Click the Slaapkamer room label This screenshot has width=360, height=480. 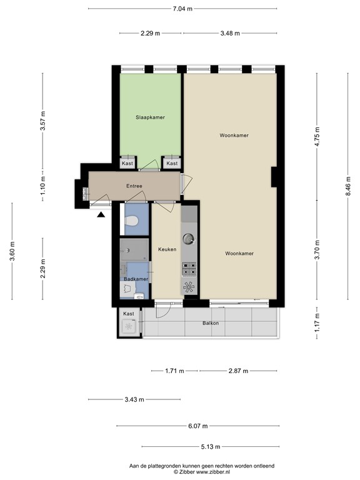point(150,117)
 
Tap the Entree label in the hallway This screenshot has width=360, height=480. point(134,186)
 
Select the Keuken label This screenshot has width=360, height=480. point(167,249)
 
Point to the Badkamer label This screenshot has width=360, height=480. point(136,279)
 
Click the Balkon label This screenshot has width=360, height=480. point(210,323)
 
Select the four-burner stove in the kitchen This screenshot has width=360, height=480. point(189,268)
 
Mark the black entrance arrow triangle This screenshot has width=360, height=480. point(101,215)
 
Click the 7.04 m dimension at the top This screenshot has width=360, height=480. point(182,9)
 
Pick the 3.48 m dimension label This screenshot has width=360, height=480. point(230,34)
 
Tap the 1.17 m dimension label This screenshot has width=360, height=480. point(317,323)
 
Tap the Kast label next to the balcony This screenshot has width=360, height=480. point(128,314)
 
